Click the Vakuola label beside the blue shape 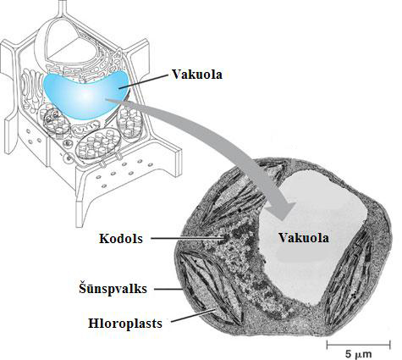point(197,75)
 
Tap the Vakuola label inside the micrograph point(304,237)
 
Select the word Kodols point(121,239)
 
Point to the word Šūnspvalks point(113,289)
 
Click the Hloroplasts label point(125,324)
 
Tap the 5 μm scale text point(358,354)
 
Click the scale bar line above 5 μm point(358,345)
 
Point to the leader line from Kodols point(188,239)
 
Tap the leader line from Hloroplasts point(193,315)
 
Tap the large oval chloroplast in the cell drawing point(99,145)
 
